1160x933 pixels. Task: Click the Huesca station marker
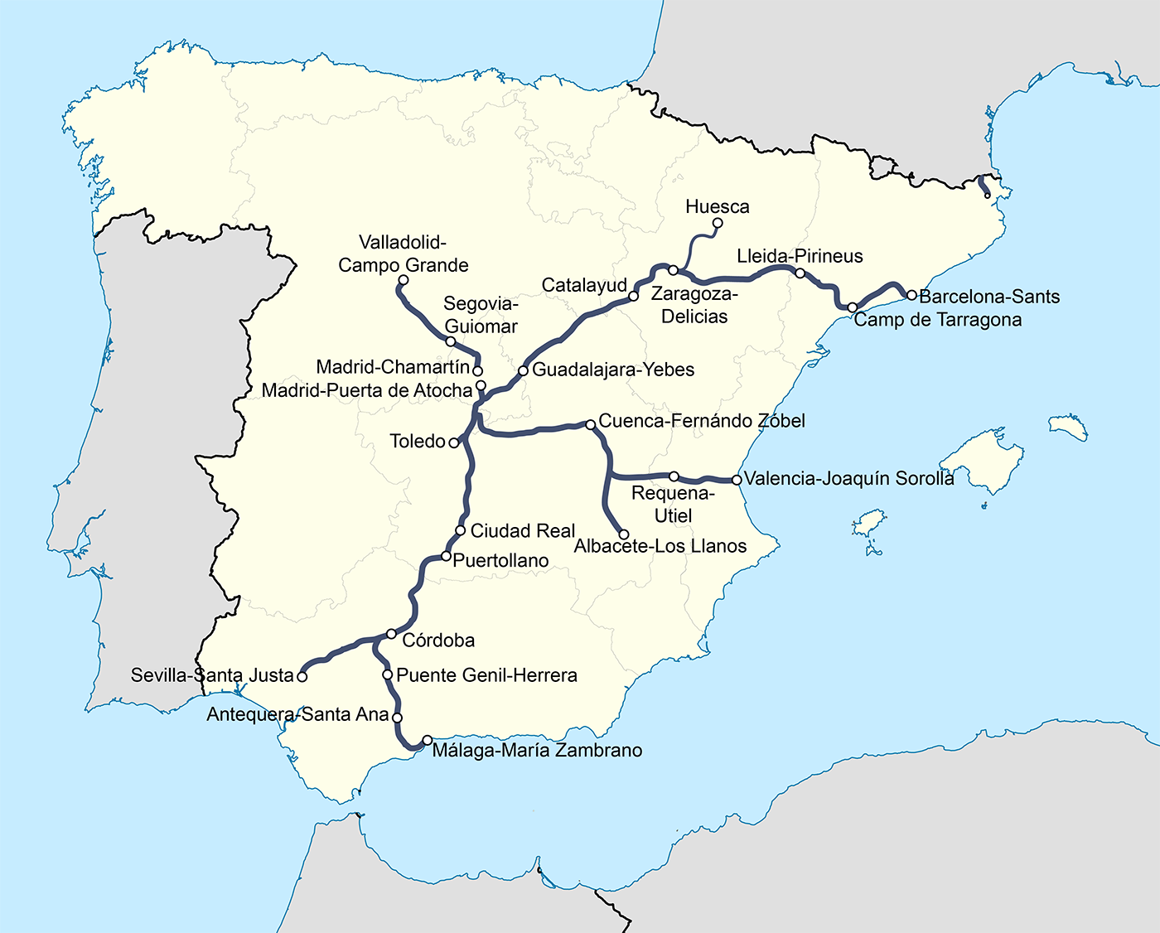(x=718, y=224)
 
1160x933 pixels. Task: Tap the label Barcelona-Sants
(x=989, y=297)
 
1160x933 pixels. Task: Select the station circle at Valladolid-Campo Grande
(x=404, y=280)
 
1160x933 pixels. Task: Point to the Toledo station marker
(x=453, y=443)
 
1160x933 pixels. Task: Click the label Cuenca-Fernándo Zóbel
(x=701, y=421)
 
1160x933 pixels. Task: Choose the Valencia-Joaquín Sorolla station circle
(x=737, y=480)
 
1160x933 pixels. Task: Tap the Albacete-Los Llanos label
(x=660, y=546)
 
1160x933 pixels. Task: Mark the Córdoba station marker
(x=392, y=634)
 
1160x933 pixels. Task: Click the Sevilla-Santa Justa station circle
(x=302, y=677)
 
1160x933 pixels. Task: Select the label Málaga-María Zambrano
(x=537, y=751)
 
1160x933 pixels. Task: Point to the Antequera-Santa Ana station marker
(x=397, y=718)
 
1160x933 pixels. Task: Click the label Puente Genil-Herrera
(x=486, y=675)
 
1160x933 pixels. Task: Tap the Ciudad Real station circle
(x=461, y=531)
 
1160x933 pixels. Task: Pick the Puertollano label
(x=500, y=561)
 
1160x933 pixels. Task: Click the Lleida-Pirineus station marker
(x=800, y=273)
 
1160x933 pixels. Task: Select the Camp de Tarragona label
(x=937, y=320)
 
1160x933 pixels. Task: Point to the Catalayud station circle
(x=633, y=296)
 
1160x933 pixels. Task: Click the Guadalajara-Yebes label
(x=613, y=370)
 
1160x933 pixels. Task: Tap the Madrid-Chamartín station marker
(x=477, y=370)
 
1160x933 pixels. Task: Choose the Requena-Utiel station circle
(x=674, y=476)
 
